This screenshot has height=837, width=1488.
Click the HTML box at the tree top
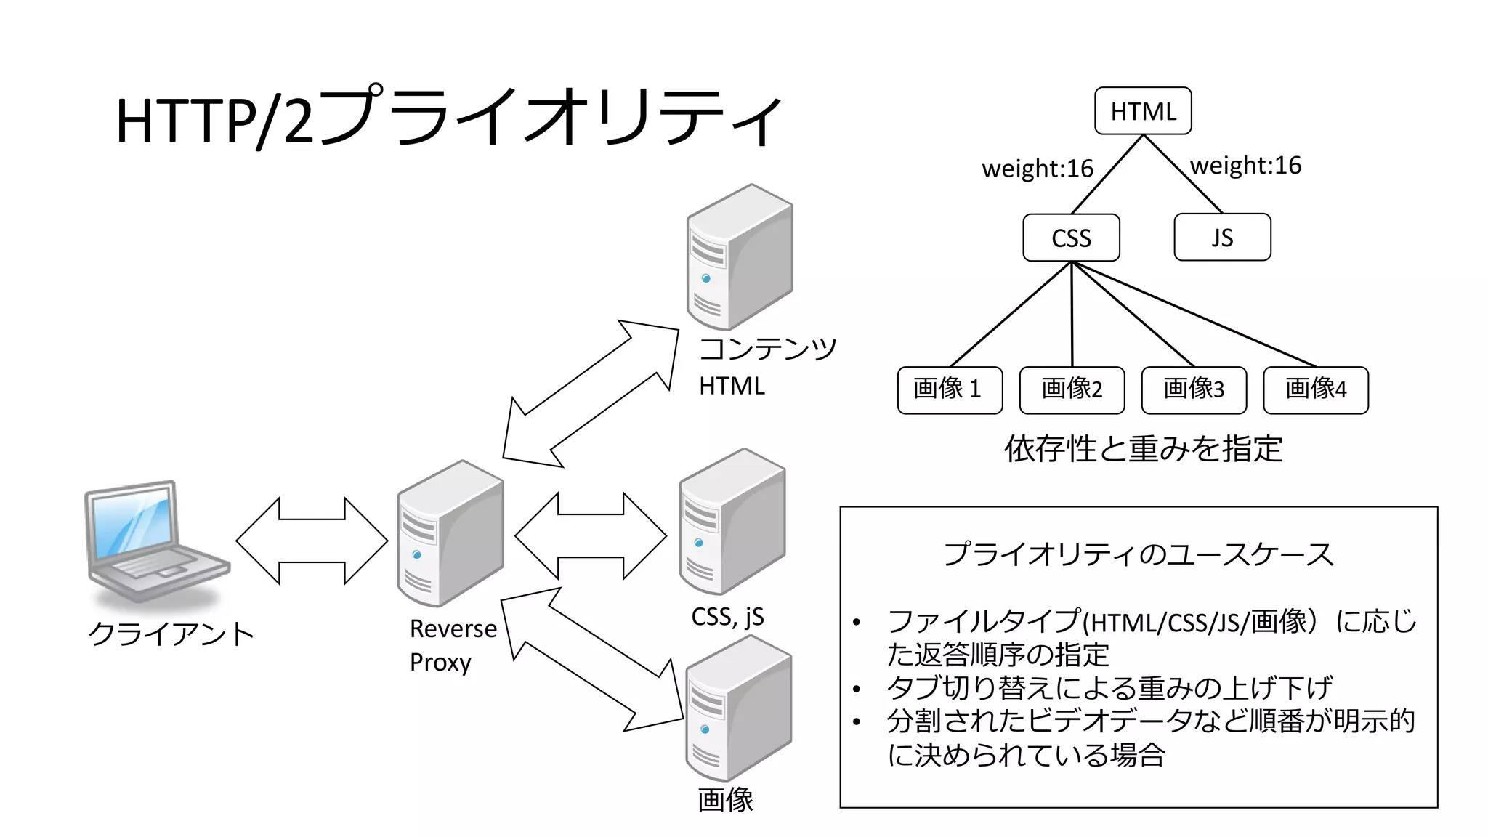click(1143, 110)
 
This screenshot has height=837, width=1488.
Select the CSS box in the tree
click(1071, 238)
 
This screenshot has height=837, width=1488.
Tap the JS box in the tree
click(1222, 237)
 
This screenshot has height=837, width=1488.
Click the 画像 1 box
click(950, 390)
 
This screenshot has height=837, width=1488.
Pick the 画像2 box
click(1072, 390)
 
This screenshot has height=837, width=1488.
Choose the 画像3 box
click(1194, 390)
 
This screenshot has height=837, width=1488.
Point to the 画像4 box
click(1316, 390)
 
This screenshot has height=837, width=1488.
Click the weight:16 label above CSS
click(1038, 169)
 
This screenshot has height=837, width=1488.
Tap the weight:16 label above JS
click(1245, 166)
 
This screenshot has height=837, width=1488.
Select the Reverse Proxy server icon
click(450, 534)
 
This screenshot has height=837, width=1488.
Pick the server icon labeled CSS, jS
click(732, 521)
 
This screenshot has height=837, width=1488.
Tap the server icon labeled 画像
click(738, 708)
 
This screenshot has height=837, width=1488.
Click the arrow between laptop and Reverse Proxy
click(312, 541)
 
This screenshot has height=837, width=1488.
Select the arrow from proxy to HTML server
click(590, 394)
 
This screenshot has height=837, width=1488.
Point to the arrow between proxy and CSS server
click(590, 536)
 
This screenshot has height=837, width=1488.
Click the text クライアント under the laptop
click(171, 634)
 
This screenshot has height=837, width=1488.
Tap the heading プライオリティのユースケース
click(1139, 554)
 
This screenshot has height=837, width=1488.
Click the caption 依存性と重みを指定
click(1143, 449)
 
